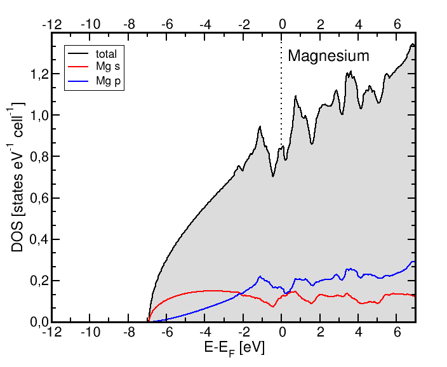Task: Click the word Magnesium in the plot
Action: coord(328,56)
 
